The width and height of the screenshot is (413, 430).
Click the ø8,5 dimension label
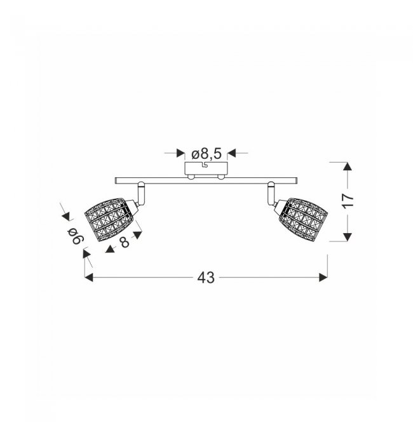tap(207, 154)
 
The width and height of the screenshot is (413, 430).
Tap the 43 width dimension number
tap(206, 278)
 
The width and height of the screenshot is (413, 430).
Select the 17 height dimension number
tap(348, 201)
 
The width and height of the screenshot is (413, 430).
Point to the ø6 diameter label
tap(74, 236)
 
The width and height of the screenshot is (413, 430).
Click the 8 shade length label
tap(124, 242)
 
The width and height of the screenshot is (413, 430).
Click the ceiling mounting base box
tap(206, 168)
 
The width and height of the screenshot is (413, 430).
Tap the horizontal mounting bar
tap(206, 180)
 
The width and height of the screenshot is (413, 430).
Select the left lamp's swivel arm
tap(141, 193)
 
